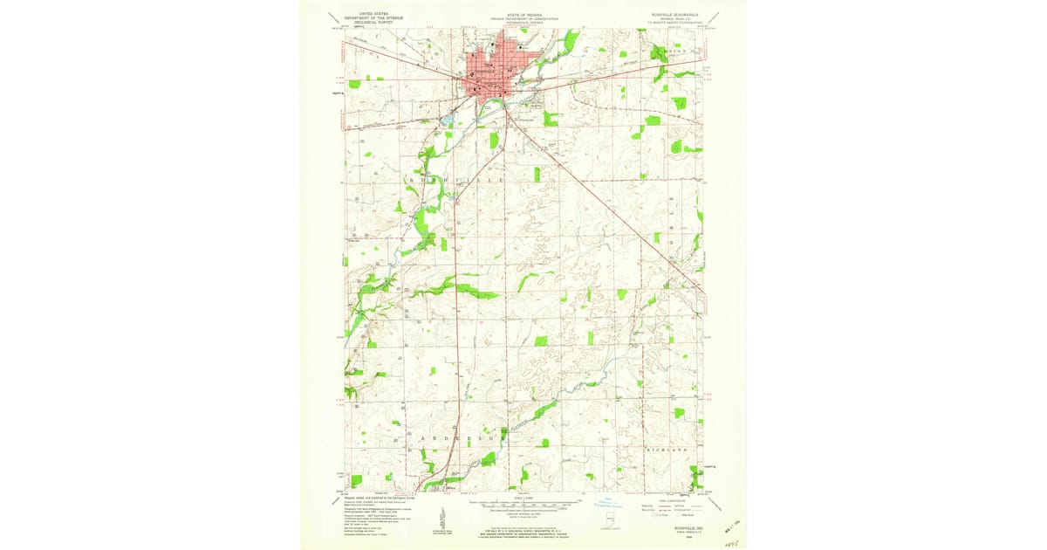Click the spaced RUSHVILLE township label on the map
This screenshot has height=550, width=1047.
(455, 179)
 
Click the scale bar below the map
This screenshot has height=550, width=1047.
(524, 504)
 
